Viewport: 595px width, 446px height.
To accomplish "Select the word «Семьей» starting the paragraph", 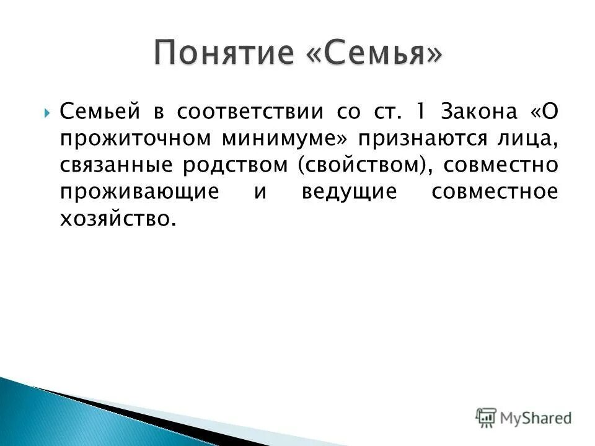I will point(99,111).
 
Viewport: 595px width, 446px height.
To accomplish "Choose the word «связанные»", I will point(115,165).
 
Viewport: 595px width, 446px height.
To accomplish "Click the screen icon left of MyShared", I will point(485,418).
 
